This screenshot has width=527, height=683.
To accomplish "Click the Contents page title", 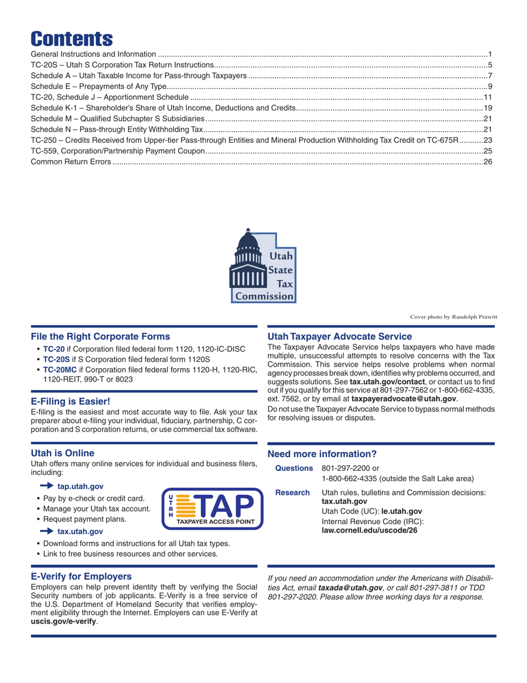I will coord(72,38).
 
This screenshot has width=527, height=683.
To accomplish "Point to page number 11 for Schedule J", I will coord(490,97).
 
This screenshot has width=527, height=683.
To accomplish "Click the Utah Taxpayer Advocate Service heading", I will coord(339,336).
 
